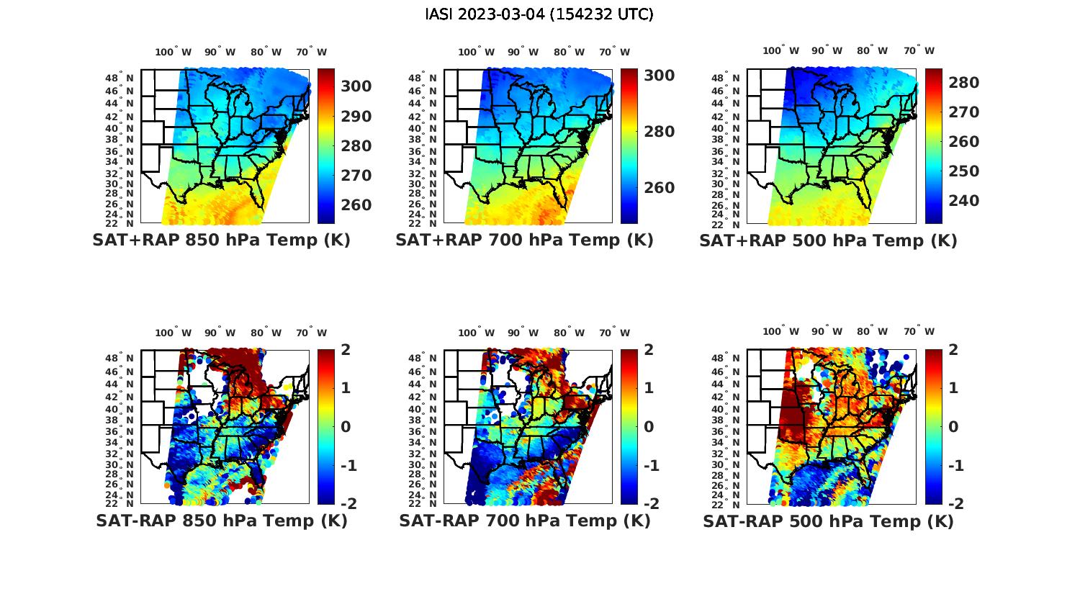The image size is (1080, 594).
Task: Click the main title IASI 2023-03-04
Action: point(539,14)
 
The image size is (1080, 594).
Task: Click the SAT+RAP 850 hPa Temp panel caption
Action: point(221,240)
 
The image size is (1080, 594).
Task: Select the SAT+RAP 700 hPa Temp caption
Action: point(524,240)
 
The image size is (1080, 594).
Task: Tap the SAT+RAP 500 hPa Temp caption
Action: point(828,240)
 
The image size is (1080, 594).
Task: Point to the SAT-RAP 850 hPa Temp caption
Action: point(221,521)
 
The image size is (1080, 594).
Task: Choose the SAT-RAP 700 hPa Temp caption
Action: point(524,521)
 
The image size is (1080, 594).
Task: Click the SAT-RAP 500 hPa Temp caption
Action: point(828,521)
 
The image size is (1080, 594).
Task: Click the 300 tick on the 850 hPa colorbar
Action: point(356,86)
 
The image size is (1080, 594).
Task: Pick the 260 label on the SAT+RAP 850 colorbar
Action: point(356,205)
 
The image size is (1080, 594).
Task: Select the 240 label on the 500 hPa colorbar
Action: point(964,201)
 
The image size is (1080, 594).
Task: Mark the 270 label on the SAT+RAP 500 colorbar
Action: point(964,112)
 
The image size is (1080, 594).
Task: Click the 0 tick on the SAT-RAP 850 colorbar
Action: point(346,427)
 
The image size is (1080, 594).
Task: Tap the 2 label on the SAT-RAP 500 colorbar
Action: point(954,350)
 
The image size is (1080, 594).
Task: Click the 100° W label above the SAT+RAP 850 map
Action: point(174,52)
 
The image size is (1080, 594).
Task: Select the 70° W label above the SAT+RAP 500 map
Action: point(919,50)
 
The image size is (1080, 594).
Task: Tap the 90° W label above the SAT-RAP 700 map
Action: point(523,333)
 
